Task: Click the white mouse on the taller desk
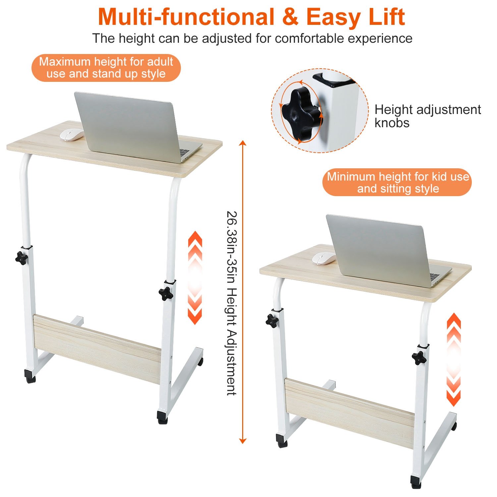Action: tap(72, 135)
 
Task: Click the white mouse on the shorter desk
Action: tap(324, 258)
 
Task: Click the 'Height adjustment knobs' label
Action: tap(428, 116)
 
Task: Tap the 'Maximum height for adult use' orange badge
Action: tap(106, 68)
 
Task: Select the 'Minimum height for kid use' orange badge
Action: tap(397, 182)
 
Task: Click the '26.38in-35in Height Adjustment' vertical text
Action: tap(231, 303)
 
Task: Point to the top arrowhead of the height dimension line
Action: tap(243, 143)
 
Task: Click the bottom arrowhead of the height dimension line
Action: tap(243, 440)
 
